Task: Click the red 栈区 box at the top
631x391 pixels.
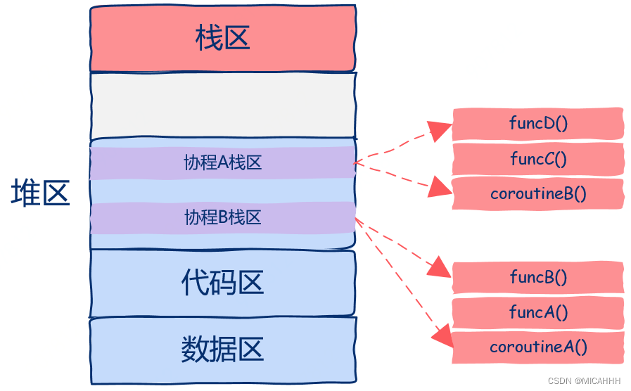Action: pyautogui.click(x=222, y=39)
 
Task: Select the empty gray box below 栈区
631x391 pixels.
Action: pyautogui.click(x=222, y=105)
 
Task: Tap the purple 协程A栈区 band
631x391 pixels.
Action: pyautogui.click(x=222, y=163)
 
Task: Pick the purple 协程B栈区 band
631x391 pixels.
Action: pyautogui.click(x=222, y=218)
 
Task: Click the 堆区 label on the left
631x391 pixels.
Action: pyautogui.click(x=40, y=193)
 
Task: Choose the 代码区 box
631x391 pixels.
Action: pyautogui.click(x=222, y=283)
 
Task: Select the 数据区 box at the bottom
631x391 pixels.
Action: pyautogui.click(x=222, y=350)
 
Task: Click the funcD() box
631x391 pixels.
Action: pyautogui.click(x=538, y=124)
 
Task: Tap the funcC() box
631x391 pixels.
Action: pyautogui.click(x=538, y=159)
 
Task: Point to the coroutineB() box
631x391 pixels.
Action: pyautogui.click(x=538, y=193)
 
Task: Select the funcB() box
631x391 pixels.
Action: pyautogui.click(x=538, y=277)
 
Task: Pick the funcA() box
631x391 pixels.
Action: pyautogui.click(x=538, y=312)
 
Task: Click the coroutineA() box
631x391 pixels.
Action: pyautogui.click(x=538, y=347)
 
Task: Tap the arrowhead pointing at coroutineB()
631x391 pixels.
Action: pyautogui.click(x=441, y=187)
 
